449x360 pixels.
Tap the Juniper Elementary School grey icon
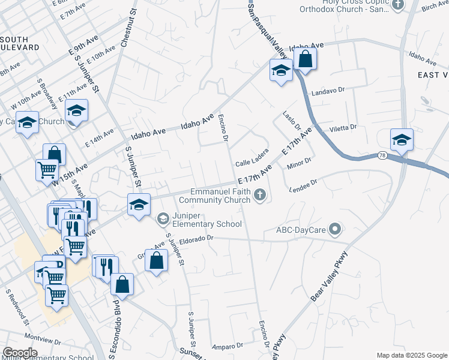[162, 218]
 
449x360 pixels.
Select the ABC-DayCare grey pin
[336, 229]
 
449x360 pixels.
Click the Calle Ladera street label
[252, 163]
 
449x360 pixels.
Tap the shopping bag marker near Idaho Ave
[305, 59]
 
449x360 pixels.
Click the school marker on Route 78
[402, 140]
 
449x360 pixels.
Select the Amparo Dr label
[226, 346]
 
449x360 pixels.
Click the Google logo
[20, 352]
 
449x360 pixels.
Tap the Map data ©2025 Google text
[411, 355]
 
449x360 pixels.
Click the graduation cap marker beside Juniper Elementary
[138, 205]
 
